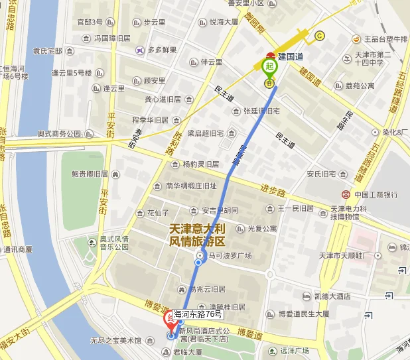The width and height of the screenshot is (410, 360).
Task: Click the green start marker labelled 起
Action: [x=269, y=66]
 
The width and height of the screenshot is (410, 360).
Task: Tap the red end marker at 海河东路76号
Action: [x=169, y=319]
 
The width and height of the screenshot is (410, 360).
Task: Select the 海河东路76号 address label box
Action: [x=197, y=314]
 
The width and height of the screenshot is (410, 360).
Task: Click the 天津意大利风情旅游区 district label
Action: [x=198, y=235]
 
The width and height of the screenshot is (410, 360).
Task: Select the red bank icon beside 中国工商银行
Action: [x=346, y=194]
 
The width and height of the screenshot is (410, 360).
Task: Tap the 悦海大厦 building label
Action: [x=224, y=22]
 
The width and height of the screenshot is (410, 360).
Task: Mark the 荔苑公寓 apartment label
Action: [x=360, y=86]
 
